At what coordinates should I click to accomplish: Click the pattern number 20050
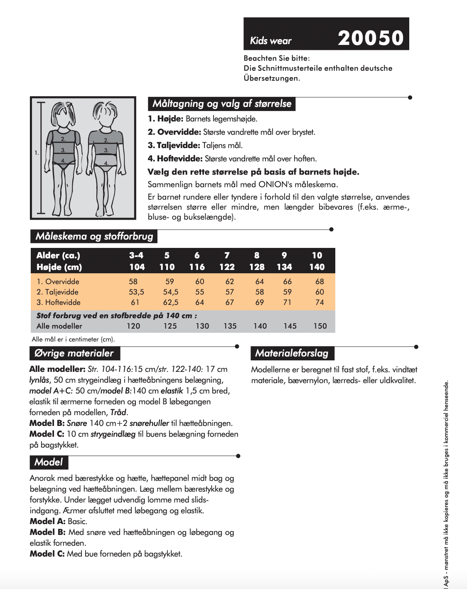click(x=371, y=38)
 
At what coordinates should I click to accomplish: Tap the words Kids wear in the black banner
click(x=270, y=41)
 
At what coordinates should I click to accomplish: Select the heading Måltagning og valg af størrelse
click(x=222, y=104)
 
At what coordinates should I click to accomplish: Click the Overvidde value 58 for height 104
click(x=133, y=282)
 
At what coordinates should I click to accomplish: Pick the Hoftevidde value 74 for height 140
click(x=320, y=302)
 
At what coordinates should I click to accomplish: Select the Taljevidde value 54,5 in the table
click(x=170, y=292)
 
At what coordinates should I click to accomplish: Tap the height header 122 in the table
click(x=227, y=267)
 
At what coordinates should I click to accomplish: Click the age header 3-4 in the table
click(x=136, y=255)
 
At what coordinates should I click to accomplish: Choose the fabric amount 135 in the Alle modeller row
click(x=230, y=326)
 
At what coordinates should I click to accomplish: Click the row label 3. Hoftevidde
click(x=59, y=302)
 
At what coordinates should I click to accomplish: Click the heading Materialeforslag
click(x=292, y=353)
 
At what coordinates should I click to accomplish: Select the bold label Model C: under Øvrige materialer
click(x=47, y=434)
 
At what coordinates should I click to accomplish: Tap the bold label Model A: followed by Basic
click(x=47, y=521)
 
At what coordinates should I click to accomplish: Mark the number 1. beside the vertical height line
click(x=37, y=153)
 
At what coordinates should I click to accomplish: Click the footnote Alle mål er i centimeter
click(x=73, y=339)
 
